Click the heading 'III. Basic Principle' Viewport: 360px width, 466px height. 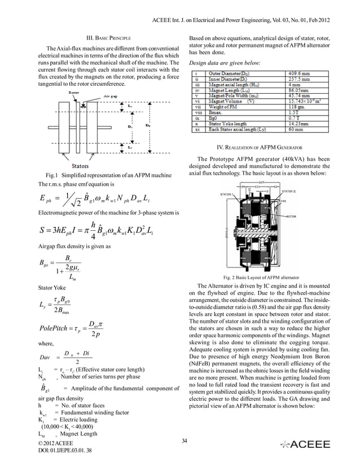click(108, 37)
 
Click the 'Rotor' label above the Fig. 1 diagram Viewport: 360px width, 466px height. click(73, 91)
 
